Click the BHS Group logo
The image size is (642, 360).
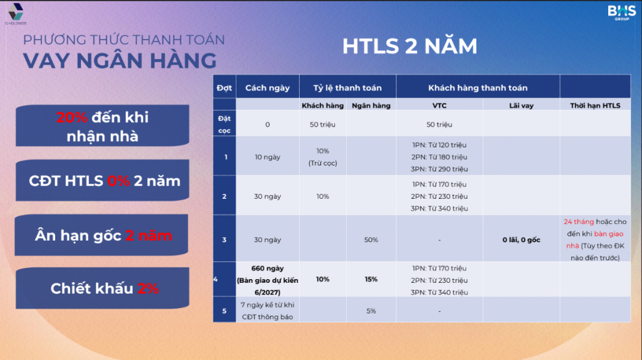(621, 13)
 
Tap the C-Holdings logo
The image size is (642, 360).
(16, 14)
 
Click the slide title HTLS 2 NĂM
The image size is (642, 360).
(409, 45)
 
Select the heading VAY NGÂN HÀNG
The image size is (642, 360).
(120, 61)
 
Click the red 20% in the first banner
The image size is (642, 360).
(71, 117)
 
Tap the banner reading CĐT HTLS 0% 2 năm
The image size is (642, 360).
(102, 180)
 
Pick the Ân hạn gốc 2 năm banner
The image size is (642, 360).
(102, 235)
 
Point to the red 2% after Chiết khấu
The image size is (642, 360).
(148, 289)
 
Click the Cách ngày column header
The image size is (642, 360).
(267, 88)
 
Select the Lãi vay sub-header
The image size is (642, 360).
(521, 105)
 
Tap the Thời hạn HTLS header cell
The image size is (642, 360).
(595, 105)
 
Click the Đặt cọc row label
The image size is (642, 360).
(224, 125)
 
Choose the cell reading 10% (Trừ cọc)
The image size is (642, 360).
(323, 157)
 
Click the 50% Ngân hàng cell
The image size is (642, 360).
(371, 240)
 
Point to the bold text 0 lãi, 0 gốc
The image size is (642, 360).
(521, 240)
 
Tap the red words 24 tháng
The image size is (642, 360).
(579, 221)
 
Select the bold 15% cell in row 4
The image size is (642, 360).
(371, 279)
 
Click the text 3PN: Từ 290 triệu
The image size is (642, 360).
(439, 169)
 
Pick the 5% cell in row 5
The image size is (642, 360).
(371, 311)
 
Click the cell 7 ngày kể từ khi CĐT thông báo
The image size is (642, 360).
(267, 311)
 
